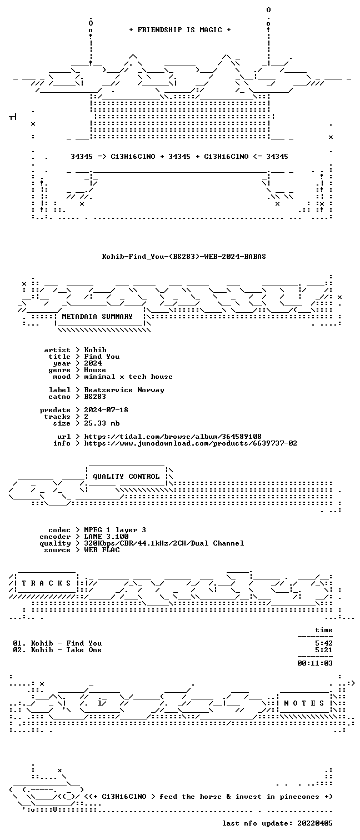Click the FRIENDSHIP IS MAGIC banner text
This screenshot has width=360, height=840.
click(180, 30)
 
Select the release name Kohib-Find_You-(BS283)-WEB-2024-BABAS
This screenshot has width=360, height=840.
click(184, 257)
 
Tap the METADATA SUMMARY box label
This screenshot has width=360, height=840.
click(97, 317)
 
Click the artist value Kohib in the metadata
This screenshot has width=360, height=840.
click(95, 350)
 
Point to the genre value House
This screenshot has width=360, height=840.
click(95, 370)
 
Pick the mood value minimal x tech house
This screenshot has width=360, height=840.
click(128, 377)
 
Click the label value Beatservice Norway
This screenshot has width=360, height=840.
click(124, 390)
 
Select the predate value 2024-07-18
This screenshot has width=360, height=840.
click(106, 410)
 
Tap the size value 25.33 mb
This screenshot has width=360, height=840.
click(102, 423)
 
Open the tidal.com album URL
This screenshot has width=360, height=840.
click(172, 437)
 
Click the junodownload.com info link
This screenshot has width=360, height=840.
click(191, 443)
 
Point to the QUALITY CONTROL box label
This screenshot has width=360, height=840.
click(126, 477)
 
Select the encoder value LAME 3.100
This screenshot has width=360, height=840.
click(106, 537)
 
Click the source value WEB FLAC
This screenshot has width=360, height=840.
click(102, 550)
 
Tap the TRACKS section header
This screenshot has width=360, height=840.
click(46, 583)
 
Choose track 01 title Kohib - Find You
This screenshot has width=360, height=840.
click(66, 643)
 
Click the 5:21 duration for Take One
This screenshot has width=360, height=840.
click(324, 650)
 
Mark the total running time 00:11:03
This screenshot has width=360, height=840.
click(315, 663)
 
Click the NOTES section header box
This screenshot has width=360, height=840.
click(304, 703)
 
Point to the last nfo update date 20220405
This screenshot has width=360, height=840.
click(315, 823)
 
